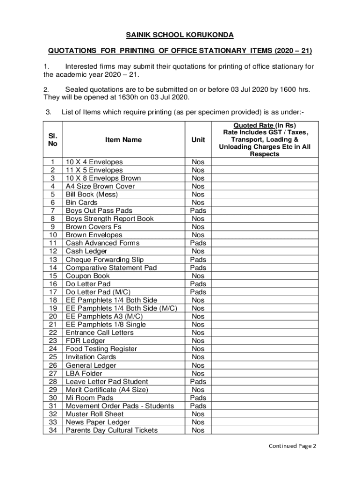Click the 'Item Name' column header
click(123, 139)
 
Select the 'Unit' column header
click(198, 139)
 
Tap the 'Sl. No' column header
click(52, 139)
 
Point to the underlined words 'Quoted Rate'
click(253, 125)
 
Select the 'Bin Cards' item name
click(81, 203)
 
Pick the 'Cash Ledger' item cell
click(86, 251)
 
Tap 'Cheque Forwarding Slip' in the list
click(105, 260)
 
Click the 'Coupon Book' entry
click(88, 276)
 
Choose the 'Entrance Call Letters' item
click(100, 333)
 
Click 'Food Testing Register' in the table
click(101, 349)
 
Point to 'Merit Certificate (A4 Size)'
click(107, 390)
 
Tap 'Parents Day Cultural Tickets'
click(112, 430)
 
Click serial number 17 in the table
click(52, 292)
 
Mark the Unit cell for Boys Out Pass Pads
click(198, 210)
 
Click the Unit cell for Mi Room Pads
click(198, 398)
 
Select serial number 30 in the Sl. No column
click(52, 398)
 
